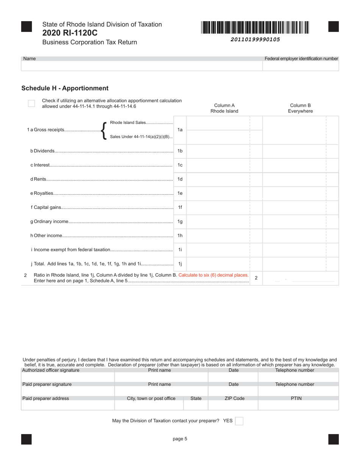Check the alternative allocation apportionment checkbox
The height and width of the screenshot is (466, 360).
click(31, 103)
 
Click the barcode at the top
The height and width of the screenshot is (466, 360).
click(255, 28)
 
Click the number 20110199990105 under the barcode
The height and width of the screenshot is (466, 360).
click(255, 39)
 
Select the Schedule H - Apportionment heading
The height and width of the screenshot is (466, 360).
click(65, 88)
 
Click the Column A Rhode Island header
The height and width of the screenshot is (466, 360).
click(224, 108)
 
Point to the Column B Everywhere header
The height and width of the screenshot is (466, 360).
click(300, 108)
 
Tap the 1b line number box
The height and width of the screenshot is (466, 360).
click(180, 151)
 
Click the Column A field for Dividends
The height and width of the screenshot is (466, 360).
click(218, 151)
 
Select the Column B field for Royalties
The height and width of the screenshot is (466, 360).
click(294, 193)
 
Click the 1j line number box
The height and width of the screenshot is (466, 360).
click(180, 264)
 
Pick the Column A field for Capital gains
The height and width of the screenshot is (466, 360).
click(218, 207)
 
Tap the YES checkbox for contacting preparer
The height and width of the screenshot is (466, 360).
click(239, 421)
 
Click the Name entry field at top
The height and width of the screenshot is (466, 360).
click(142, 66)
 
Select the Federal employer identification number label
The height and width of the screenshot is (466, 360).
click(301, 59)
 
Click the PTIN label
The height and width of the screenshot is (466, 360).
click(296, 399)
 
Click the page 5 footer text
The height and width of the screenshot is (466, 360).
click(180, 439)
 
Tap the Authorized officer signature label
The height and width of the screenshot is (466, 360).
click(51, 370)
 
